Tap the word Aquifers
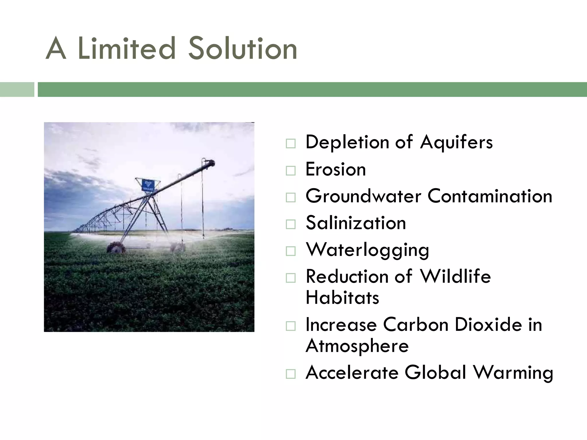click(456, 142)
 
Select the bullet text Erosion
click(336, 169)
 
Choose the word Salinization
click(356, 223)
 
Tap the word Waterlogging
click(367, 250)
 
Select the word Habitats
click(342, 297)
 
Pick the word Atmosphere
click(357, 346)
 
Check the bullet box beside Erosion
click(290, 171)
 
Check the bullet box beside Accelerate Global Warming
click(290, 374)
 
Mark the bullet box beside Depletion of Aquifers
click(290, 144)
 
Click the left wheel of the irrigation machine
click(116, 247)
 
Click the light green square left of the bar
click(17, 89)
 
